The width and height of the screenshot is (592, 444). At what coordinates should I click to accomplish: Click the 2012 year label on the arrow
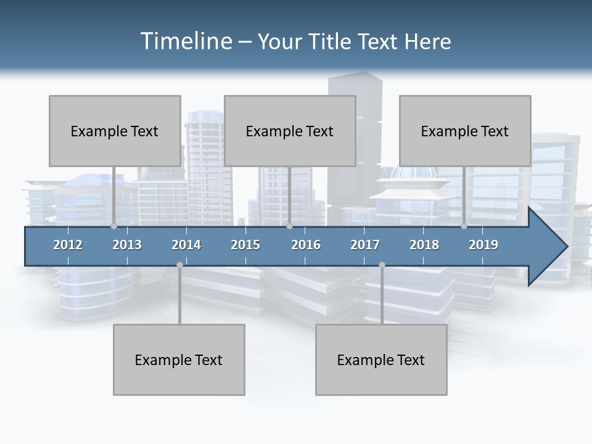68,245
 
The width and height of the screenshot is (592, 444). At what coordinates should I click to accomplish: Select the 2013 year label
127,245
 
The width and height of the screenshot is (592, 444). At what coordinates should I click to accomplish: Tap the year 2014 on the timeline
186,245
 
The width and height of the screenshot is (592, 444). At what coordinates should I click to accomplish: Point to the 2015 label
245,245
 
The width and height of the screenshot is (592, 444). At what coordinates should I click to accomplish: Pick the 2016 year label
306,245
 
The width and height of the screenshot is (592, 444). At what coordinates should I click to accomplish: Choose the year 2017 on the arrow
365,245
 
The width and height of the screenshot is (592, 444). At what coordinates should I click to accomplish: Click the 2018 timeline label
424,245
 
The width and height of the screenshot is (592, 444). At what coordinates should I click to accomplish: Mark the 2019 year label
483,245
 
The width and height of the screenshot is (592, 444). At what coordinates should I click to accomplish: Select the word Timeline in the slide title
186,41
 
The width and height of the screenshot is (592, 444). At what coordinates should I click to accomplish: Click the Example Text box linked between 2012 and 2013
115,131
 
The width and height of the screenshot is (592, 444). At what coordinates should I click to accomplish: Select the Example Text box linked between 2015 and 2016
290,131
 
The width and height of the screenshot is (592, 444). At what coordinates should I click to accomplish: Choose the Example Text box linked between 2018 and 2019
465,131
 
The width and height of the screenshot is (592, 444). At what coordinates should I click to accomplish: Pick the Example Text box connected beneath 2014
179,360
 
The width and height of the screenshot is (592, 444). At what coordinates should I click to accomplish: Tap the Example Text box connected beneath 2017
381,360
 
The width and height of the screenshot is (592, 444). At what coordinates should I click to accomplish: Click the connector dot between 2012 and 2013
113,226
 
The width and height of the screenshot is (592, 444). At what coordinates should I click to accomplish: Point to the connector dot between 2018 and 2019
464,226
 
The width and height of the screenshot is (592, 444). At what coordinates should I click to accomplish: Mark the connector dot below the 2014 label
179,265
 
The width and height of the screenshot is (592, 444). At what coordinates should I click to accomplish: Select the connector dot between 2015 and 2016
289,226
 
